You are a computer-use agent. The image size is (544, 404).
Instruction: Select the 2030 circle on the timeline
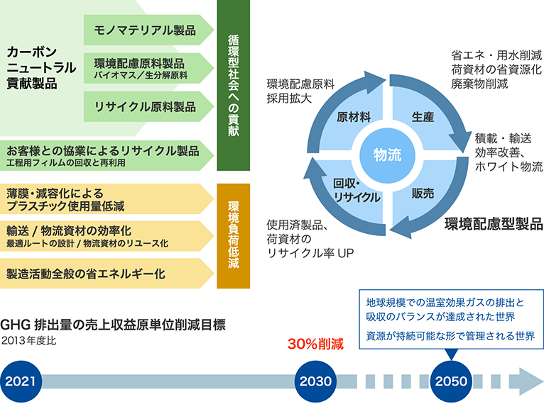tap(315, 381)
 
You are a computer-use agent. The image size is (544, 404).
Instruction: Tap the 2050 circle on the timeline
tap(451, 381)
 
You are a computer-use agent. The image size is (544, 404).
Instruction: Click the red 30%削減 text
tap(315, 345)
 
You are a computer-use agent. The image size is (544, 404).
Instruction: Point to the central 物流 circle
tap(388, 152)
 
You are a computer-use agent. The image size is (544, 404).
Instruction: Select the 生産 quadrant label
tap(423, 118)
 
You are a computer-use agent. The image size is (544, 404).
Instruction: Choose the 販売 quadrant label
tap(424, 191)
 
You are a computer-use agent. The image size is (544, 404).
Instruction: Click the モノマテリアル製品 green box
tap(146, 30)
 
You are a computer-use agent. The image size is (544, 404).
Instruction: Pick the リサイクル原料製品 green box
tap(146, 106)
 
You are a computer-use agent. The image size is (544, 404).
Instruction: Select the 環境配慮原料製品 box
tap(146, 68)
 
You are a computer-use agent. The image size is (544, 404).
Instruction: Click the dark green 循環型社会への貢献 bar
tap(234, 85)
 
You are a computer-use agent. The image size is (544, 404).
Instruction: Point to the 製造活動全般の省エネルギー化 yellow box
tap(107, 273)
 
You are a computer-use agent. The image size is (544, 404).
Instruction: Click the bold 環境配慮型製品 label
tap(493, 224)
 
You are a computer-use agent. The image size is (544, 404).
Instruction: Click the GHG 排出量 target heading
tap(114, 325)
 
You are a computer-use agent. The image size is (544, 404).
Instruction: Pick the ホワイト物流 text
tap(508, 167)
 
